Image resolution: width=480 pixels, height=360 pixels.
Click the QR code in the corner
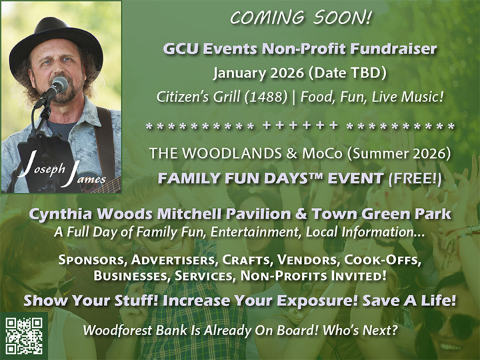click(x=24, y=335)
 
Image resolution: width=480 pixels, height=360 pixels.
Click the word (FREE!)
click(x=419, y=178)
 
